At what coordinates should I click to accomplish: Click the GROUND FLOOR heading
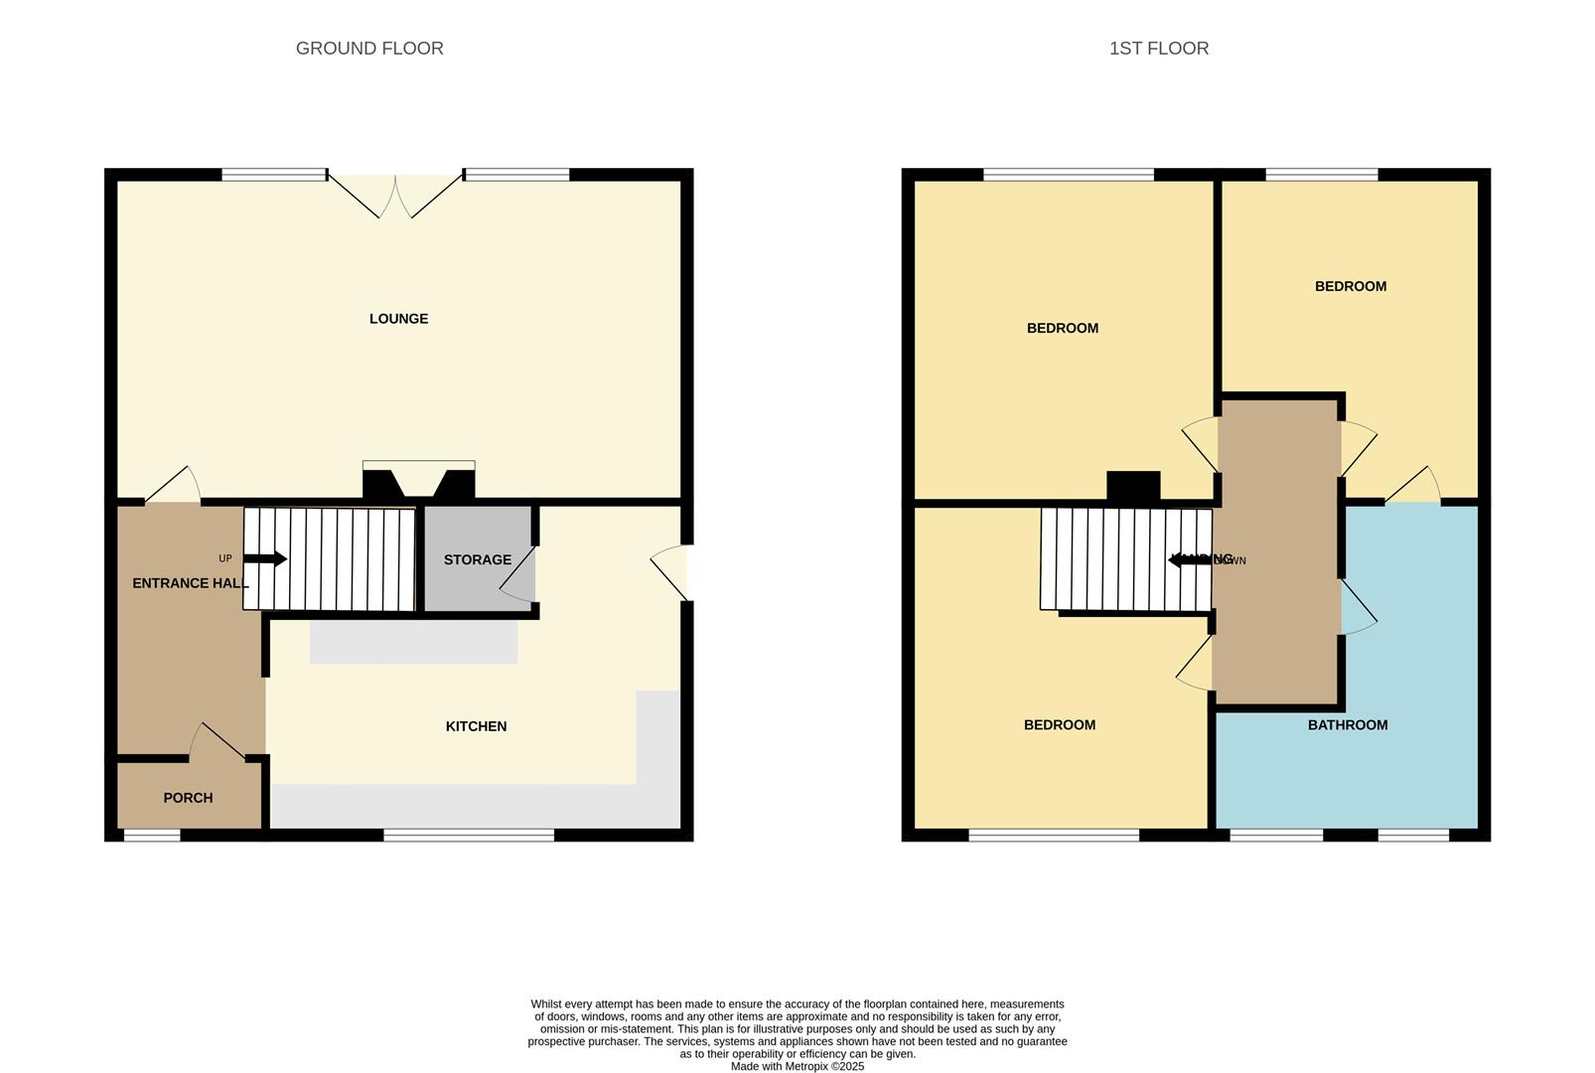(x=369, y=48)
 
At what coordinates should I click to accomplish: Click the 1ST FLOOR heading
(x=1158, y=48)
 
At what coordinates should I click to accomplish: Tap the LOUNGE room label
(x=398, y=319)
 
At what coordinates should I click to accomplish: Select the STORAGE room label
(x=477, y=559)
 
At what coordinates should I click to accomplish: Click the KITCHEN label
(x=476, y=726)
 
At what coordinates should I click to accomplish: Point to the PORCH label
(x=188, y=798)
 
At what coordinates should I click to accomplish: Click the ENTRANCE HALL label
(x=189, y=583)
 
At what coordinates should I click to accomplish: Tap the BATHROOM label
(x=1347, y=725)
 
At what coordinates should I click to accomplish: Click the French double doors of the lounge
(x=395, y=195)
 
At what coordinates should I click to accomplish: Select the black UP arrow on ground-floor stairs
(x=265, y=559)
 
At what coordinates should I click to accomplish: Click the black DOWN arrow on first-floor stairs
(x=1189, y=560)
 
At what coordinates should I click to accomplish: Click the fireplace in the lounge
(x=418, y=482)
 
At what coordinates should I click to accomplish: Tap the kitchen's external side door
(x=672, y=574)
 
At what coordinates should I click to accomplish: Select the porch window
(x=152, y=836)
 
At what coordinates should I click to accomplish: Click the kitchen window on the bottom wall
(x=468, y=836)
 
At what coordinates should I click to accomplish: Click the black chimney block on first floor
(x=1133, y=485)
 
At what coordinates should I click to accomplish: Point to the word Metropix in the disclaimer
(x=803, y=1066)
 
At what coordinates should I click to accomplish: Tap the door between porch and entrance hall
(x=218, y=742)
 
